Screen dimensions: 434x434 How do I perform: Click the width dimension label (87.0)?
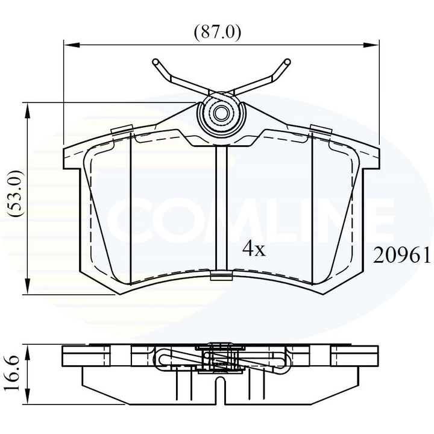click(217, 31)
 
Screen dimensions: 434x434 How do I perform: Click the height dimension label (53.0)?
click(17, 198)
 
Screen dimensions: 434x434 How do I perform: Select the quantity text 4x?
click(253, 249)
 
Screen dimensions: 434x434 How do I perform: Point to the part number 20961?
click(401, 257)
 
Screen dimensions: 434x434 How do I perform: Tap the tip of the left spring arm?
click(155, 61)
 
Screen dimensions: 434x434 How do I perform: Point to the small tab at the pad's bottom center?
click(221, 277)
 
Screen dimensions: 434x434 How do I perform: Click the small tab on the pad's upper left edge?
click(122, 129)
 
